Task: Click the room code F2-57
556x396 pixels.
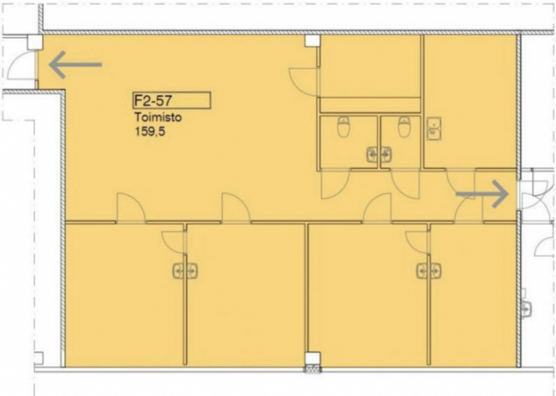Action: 153,100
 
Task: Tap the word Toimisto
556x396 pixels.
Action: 158,117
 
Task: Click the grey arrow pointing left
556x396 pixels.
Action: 75,65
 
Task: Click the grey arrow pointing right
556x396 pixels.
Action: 482,194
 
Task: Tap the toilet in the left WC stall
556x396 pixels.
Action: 343,127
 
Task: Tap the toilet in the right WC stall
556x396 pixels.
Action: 404,127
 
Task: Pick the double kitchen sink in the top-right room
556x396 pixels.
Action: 434,129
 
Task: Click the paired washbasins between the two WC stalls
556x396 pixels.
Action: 379,155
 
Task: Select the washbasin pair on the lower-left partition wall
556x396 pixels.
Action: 186,271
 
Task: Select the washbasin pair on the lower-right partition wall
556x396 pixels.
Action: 429,271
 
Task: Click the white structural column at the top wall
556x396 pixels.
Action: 313,40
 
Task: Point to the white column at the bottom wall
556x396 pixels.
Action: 313,359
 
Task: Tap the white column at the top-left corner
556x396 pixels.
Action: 35,42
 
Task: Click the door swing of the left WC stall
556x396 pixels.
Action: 335,185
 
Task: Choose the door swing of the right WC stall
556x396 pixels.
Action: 406,185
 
